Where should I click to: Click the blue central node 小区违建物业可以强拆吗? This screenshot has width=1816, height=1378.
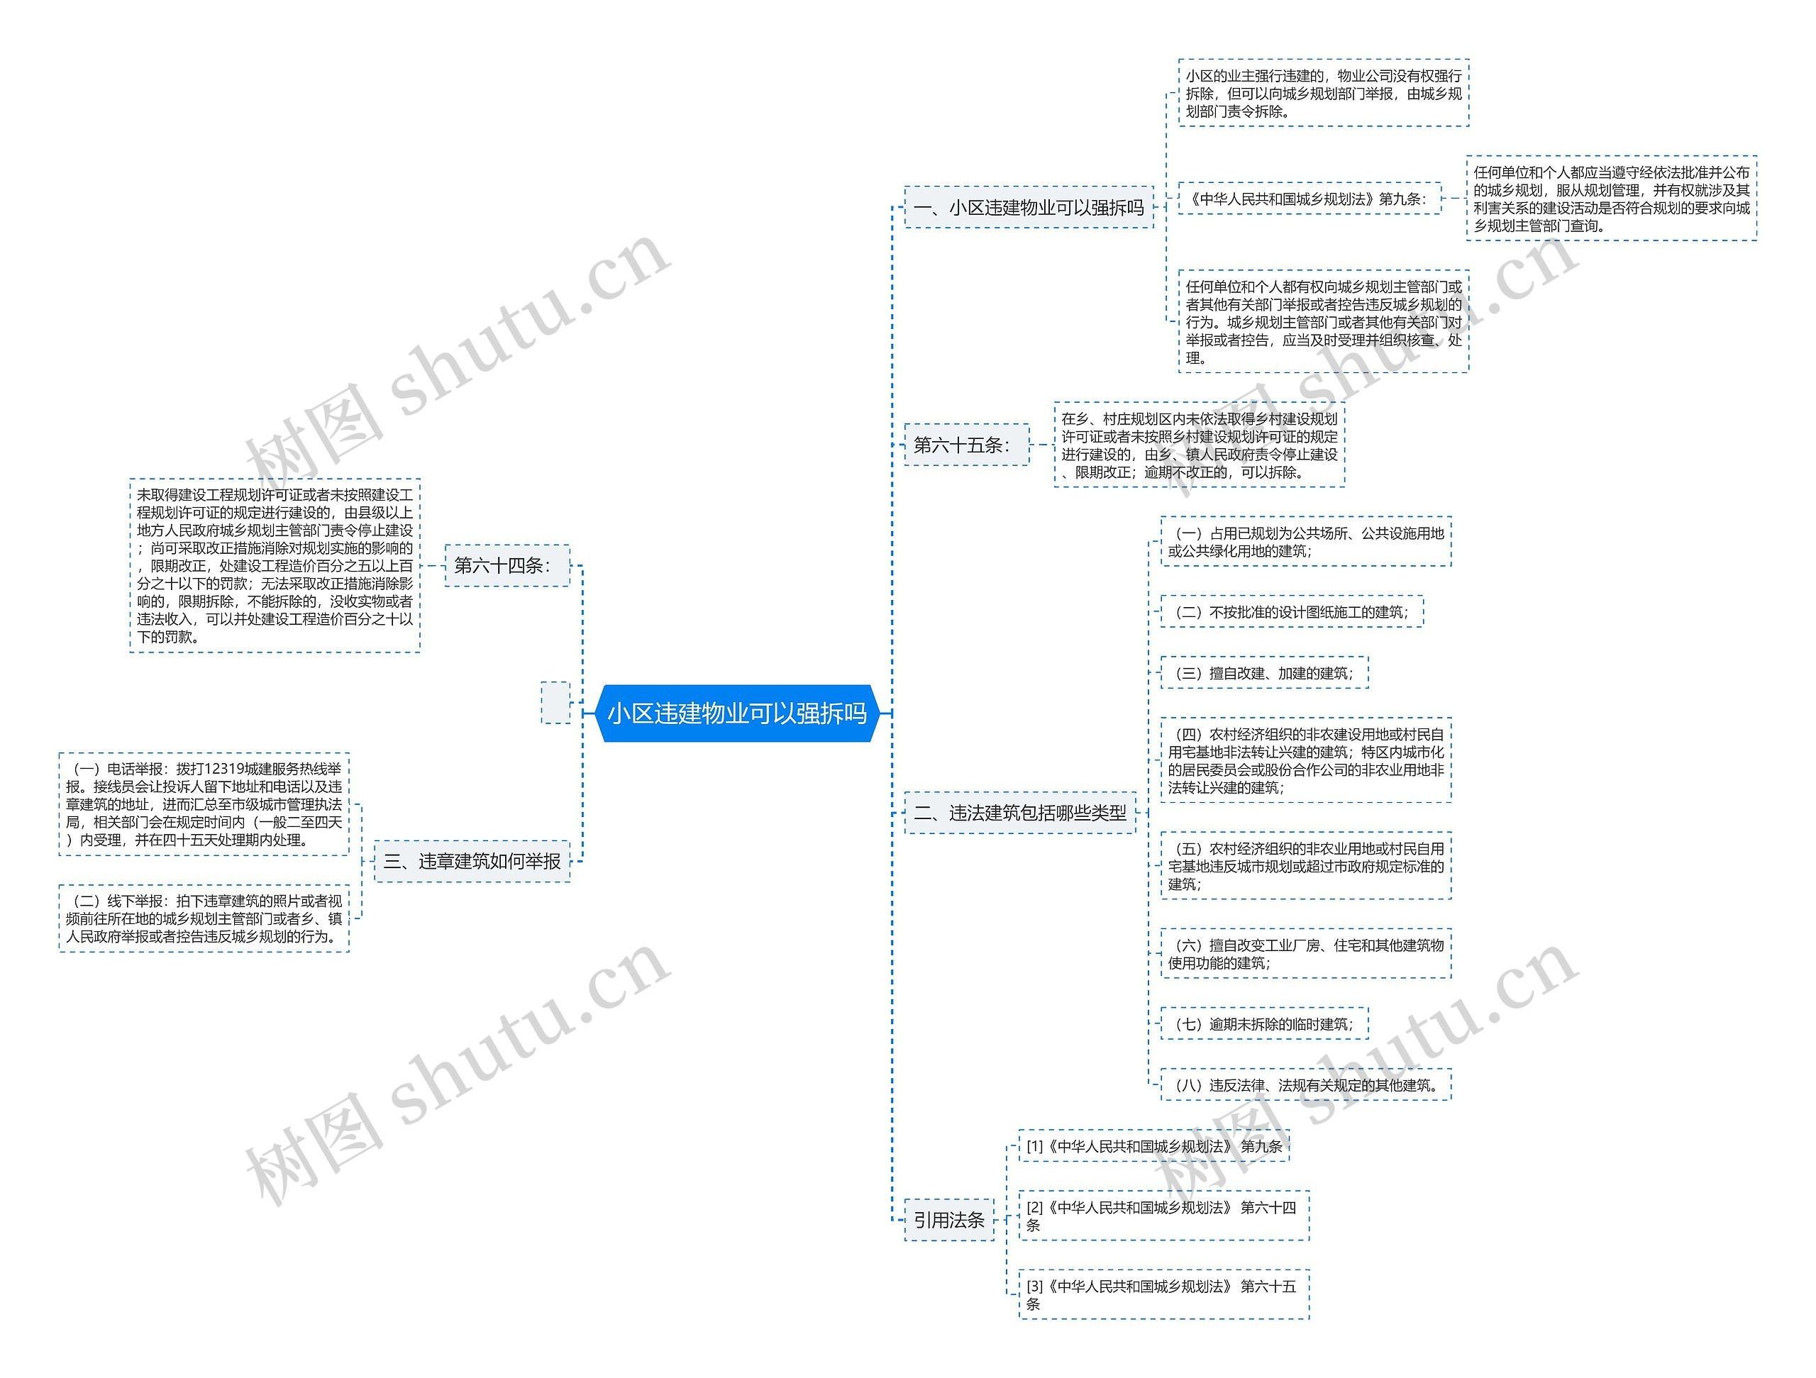[736, 713]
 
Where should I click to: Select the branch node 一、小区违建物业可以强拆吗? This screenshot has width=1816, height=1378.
[1028, 208]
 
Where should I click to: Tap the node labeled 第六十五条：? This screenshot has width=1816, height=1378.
[965, 445]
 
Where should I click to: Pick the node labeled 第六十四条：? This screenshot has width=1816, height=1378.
[506, 565]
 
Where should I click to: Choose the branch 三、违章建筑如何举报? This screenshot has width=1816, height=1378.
[472, 861]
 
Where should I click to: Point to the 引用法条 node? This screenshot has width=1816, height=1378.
[949, 1220]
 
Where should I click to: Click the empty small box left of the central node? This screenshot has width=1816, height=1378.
[555, 703]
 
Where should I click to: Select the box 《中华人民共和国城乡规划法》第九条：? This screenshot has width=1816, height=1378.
[1309, 199]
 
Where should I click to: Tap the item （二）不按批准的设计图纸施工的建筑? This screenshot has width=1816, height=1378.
[1291, 612]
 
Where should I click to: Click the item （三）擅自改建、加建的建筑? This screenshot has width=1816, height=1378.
[1264, 673]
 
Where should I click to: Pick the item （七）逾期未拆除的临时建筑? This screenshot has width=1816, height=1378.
[1264, 1023]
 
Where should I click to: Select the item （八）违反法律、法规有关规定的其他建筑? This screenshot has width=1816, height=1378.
[1305, 1085]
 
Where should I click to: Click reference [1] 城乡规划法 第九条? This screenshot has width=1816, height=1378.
[1153, 1146]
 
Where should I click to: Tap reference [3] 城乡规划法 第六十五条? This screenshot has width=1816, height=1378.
[1163, 1294]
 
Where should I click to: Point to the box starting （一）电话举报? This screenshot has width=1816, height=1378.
[204, 804]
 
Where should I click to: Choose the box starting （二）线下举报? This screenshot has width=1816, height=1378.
[204, 918]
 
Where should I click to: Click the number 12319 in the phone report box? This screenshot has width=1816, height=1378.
[223, 769]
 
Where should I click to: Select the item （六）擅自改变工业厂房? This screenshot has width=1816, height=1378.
[1305, 954]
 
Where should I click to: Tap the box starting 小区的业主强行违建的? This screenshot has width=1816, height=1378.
[1322, 94]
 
